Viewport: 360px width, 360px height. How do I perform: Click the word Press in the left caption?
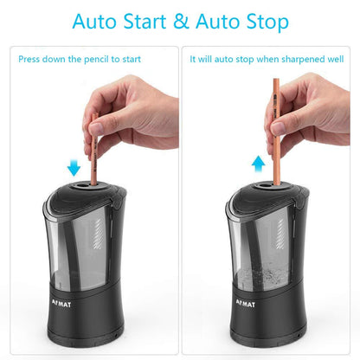(x=32, y=59)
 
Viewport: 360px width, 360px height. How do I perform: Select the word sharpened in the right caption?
(x=292, y=59)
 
